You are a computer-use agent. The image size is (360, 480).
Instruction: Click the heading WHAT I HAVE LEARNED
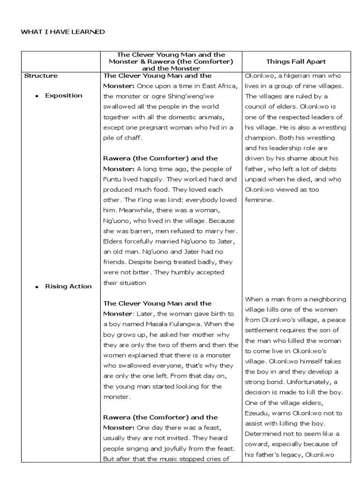pyautogui.click(x=63, y=31)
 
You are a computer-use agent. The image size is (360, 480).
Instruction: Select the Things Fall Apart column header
pyautogui.click(x=296, y=61)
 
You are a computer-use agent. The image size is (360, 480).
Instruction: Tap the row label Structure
pyautogui.click(x=41, y=75)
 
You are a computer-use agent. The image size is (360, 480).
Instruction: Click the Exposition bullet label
pyautogui.click(x=63, y=96)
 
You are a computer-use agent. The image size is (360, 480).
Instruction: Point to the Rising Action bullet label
pyautogui.click(x=68, y=286)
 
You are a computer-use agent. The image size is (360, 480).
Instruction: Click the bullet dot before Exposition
pyautogui.click(x=37, y=96)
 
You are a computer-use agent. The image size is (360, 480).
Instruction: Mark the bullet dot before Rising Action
pyautogui.click(x=37, y=286)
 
